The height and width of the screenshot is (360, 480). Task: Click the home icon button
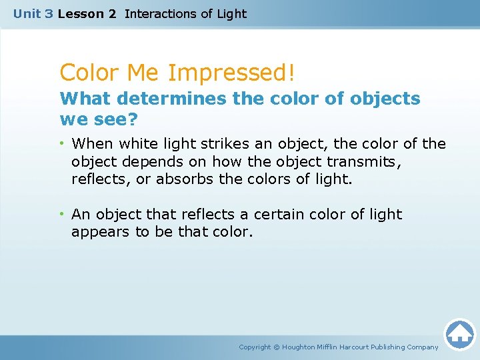point(459,334)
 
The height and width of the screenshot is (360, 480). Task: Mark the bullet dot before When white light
point(62,143)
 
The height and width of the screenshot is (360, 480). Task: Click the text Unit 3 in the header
point(33,13)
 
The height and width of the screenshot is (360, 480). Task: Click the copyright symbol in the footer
point(277,347)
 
